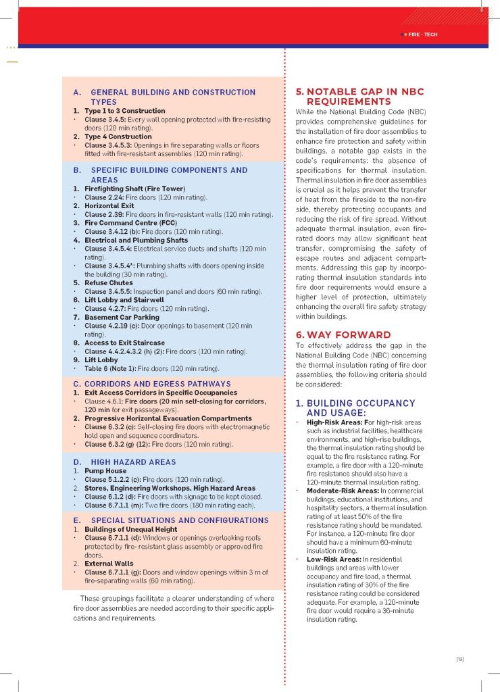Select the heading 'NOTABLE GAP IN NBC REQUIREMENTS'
click(359, 97)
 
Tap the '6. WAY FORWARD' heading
click(343, 335)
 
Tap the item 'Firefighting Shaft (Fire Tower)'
click(134, 188)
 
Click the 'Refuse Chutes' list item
click(108, 282)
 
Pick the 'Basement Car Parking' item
click(122, 317)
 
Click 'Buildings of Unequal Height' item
click(130, 529)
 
